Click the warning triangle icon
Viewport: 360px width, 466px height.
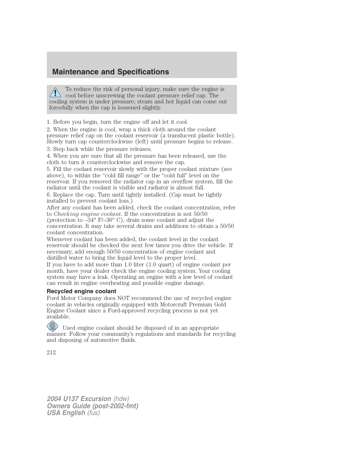pyautogui.click(x=55, y=92)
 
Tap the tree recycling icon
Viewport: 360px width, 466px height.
pyautogui.click(x=52, y=326)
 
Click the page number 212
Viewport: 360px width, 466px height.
pyautogui.click(x=51, y=352)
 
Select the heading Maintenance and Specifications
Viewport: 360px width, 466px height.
pyautogui.click(x=111, y=72)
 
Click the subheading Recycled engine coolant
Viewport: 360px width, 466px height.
pyautogui.click(x=82, y=291)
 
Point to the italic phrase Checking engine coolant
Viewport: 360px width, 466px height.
pyautogui.click(x=87, y=214)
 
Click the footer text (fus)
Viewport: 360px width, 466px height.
pyautogui.click(x=94, y=413)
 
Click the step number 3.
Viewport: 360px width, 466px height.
pyautogui.click(x=49, y=149)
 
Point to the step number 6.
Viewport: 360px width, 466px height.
pyautogui.click(x=49, y=195)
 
